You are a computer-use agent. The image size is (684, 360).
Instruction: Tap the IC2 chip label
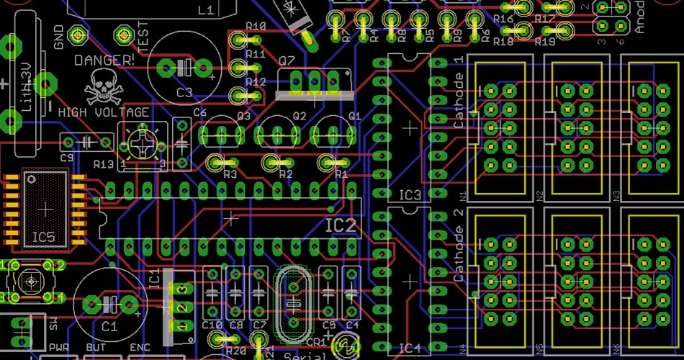pyautogui.click(x=340, y=225)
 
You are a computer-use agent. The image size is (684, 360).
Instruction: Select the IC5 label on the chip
pyautogui.click(x=44, y=236)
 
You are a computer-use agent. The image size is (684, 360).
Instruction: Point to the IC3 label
pyautogui.click(x=410, y=195)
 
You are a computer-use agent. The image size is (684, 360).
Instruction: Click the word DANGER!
pyautogui.click(x=104, y=60)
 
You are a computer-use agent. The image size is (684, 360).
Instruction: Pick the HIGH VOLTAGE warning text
pyautogui.click(x=104, y=112)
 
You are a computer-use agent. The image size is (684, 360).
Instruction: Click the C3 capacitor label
pyautogui.click(x=184, y=92)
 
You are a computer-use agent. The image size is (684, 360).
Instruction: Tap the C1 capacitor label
pyautogui.click(x=109, y=326)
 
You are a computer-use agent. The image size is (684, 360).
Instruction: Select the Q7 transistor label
pyautogui.click(x=286, y=60)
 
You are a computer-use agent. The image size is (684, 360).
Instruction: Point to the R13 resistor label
pyautogui.click(x=103, y=164)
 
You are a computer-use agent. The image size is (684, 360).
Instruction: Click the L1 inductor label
pyautogui.click(x=205, y=10)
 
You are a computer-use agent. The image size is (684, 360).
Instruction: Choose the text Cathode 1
pyautogui.click(x=459, y=101)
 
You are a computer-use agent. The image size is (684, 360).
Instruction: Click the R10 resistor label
pyautogui.click(x=256, y=27)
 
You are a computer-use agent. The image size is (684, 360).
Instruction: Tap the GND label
pyautogui.click(x=59, y=37)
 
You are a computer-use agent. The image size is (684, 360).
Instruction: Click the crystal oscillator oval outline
pyautogui.click(x=294, y=305)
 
